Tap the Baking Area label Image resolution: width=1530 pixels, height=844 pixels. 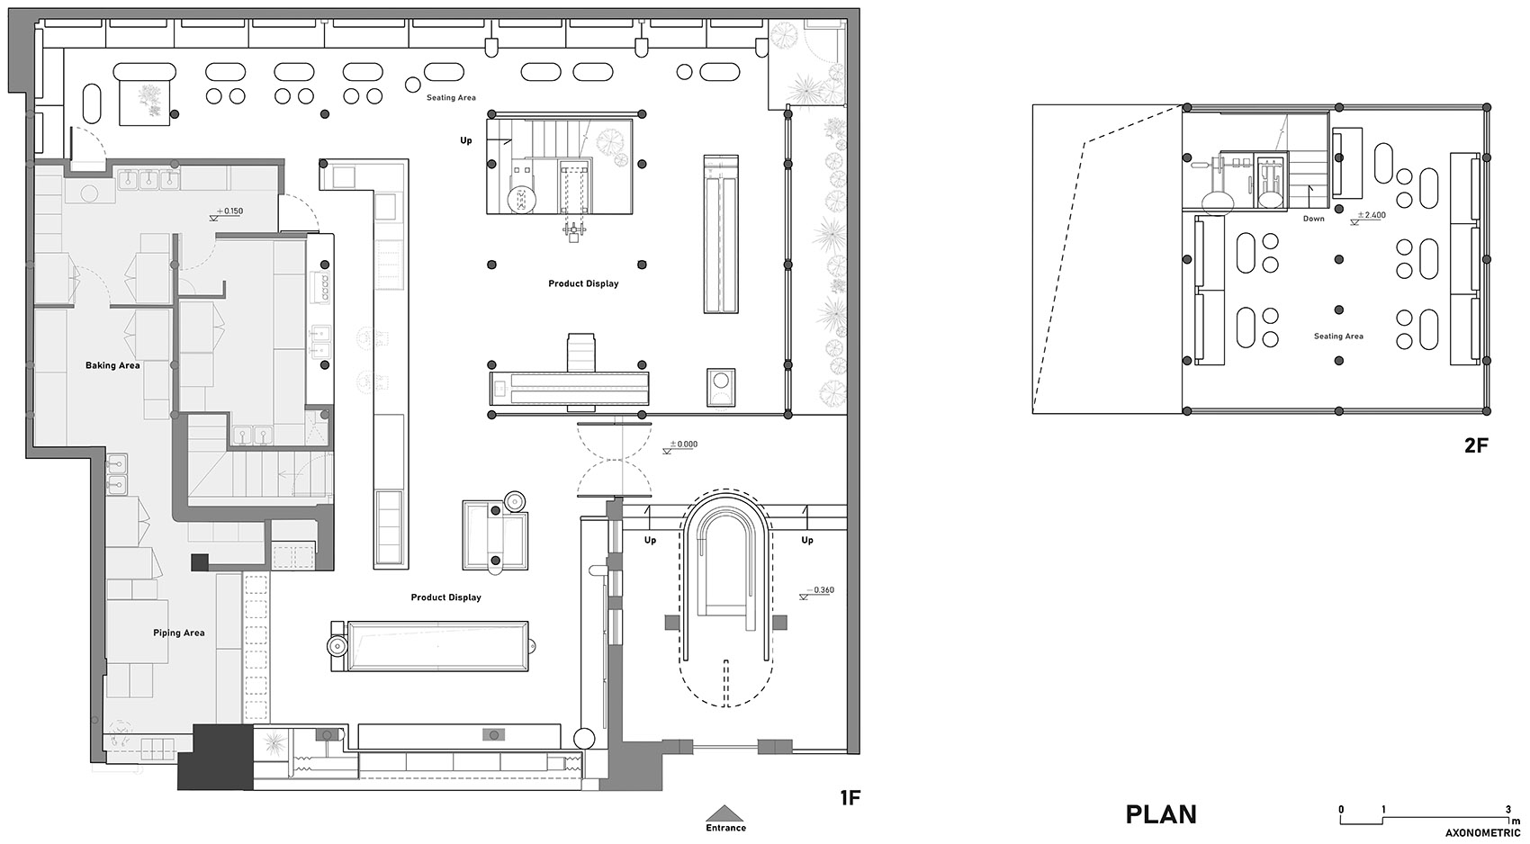click(x=112, y=365)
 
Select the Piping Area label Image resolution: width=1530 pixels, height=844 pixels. click(x=179, y=633)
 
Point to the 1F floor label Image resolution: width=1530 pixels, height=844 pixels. click(x=850, y=797)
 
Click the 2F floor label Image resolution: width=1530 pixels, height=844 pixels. click(x=1476, y=445)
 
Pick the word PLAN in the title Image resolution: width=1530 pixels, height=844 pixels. click(x=1161, y=814)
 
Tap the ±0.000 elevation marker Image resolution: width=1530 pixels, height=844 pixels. click(x=680, y=445)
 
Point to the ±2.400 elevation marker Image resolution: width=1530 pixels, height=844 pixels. click(x=1369, y=217)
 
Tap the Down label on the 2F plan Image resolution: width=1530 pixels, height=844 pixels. click(x=1313, y=220)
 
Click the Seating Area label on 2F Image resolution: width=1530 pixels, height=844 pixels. click(x=1339, y=336)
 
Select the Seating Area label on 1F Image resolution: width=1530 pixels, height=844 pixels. click(x=452, y=98)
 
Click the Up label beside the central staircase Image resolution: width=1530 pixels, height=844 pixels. click(x=466, y=140)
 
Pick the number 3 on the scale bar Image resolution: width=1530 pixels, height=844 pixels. click(x=1508, y=810)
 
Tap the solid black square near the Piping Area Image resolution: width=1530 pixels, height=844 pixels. click(x=199, y=562)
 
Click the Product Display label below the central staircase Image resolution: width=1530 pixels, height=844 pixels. click(x=583, y=283)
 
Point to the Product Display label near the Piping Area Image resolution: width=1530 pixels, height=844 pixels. click(x=446, y=597)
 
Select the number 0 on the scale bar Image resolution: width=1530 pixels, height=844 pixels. click(x=1342, y=810)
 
